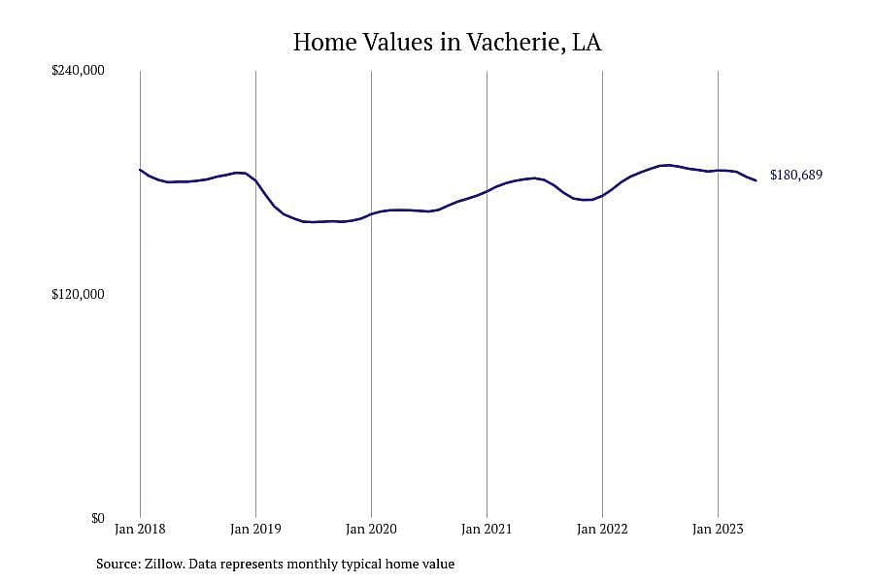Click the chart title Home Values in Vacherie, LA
pos(447,43)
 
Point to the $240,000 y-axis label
pos(78,70)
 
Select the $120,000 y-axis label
pos(78,294)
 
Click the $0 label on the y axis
pos(98,518)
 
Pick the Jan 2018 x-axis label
pos(140,529)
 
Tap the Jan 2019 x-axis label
pos(255,529)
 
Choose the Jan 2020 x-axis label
pos(371,529)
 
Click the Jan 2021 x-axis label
pos(487,529)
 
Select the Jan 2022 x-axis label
pos(602,529)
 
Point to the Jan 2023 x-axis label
pos(718,529)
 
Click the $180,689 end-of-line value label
pos(796,175)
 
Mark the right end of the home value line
pos(756,180)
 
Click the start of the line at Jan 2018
pos(140,170)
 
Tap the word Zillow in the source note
pos(164,564)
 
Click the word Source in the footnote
pos(118,564)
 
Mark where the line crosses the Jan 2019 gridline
pos(255,181)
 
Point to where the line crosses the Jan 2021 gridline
pos(487,191)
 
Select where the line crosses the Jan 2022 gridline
pos(602,196)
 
